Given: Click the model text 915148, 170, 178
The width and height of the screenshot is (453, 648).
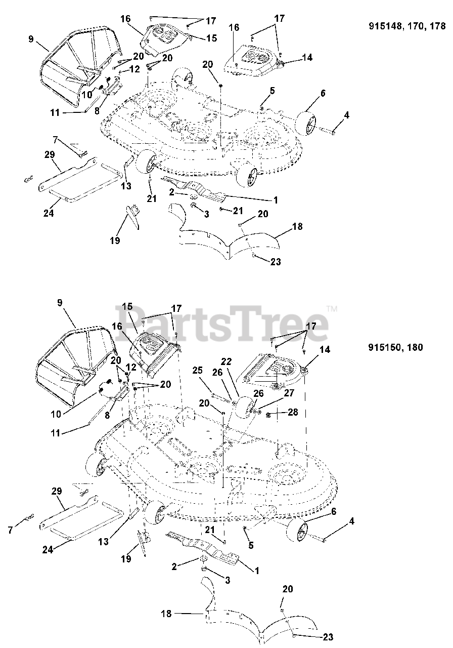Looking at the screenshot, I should tap(407, 27).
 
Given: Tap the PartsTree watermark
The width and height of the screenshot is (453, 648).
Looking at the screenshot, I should tap(222, 321).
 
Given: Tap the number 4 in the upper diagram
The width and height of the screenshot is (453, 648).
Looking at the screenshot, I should tap(346, 115).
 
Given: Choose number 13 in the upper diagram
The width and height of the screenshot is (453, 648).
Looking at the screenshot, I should tap(126, 186).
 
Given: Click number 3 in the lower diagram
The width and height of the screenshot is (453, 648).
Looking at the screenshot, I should tap(227, 580).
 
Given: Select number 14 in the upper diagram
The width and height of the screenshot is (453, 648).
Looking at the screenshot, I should tap(307, 58).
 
